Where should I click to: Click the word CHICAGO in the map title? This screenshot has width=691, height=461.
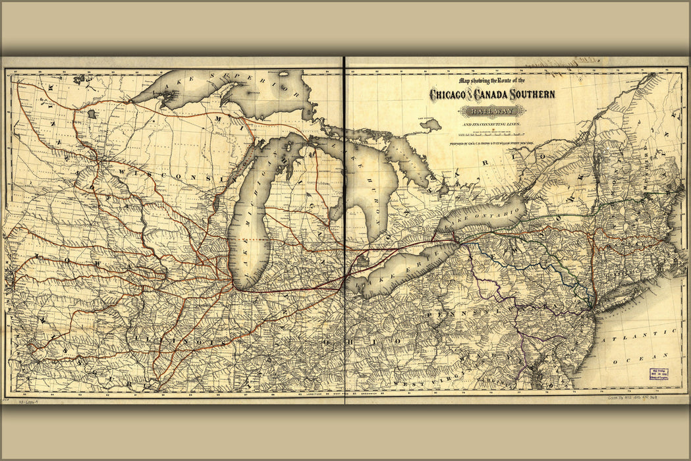coord(448,95)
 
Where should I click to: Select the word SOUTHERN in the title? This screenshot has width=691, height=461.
coord(531,95)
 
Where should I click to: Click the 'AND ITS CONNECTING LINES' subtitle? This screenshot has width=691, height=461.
coord(491,124)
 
